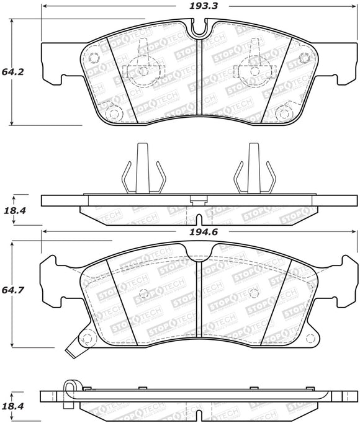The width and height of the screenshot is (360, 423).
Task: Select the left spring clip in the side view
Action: coord(142,171)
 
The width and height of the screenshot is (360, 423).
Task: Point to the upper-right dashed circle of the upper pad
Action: coord(304,58)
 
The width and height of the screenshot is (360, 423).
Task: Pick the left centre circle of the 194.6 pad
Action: coord(143,293)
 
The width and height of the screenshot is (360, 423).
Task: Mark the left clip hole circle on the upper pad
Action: coord(143,70)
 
